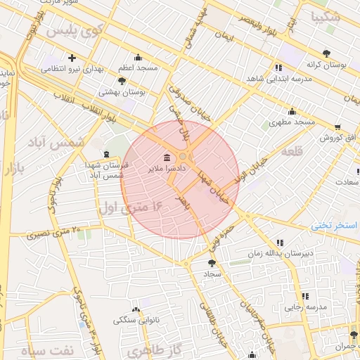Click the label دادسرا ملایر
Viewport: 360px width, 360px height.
(x=166, y=169)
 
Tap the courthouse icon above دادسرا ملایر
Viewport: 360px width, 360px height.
(x=166, y=157)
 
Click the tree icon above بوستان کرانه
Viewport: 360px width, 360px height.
(x=326, y=53)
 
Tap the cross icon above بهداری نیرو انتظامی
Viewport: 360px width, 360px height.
(x=72, y=58)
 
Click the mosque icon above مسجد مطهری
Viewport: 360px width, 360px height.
(x=292, y=111)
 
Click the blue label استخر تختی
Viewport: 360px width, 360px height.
(x=335, y=226)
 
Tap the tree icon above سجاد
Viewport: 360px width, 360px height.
(x=212, y=262)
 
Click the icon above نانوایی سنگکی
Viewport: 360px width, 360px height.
(x=136, y=309)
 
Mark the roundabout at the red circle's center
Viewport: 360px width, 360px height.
(x=183, y=156)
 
